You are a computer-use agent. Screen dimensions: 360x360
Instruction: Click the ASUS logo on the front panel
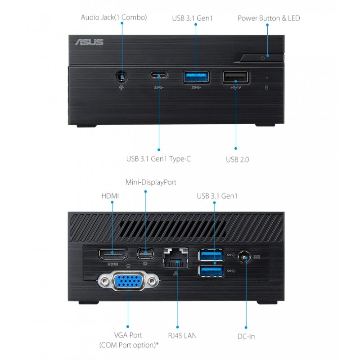click(x=89, y=42)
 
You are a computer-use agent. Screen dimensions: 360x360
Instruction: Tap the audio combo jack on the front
click(x=121, y=76)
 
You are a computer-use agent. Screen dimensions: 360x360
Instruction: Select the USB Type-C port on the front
click(x=159, y=75)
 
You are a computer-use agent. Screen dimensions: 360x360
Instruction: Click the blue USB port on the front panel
click(x=196, y=77)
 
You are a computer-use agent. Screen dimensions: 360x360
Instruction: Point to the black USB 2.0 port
click(x=235, y=77)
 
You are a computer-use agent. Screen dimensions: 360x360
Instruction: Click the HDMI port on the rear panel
click(x=113, y=255)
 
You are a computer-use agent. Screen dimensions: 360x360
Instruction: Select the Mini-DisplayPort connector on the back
click(x=145, y=254)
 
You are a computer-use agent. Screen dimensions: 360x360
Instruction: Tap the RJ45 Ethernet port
click(x=175, y=258)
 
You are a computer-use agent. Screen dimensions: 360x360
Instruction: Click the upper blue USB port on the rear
click(x=211, y=255)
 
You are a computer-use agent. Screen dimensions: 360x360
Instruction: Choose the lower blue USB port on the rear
click(x=211, y=271)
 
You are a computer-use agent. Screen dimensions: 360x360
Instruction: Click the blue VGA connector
click(x=128, y=281)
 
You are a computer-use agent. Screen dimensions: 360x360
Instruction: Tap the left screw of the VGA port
click(x=105, y=280)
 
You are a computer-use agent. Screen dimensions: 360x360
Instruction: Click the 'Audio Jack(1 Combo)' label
click(x=114, y=18)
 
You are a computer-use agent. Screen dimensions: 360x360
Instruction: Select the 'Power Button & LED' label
click(x=269, y=18)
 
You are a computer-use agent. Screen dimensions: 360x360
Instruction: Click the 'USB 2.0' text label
click(x=238, y=159)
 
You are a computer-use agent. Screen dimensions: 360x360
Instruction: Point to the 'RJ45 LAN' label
click(x=183, y=336)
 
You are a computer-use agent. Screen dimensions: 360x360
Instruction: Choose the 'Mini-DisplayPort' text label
click(x=151, y=182)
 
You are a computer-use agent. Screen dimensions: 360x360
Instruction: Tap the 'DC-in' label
click(x=246, y=337)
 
